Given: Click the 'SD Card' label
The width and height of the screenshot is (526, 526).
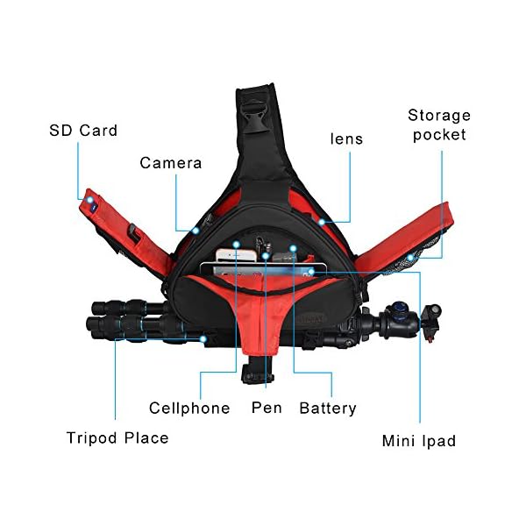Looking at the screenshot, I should click(83, 131).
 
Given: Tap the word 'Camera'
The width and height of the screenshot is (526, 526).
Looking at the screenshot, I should click(171, 163).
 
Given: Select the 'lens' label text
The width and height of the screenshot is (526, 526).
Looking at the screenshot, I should click(346, 139).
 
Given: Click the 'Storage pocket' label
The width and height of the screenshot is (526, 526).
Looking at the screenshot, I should click(439, 124).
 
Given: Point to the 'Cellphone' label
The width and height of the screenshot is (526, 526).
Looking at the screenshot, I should click(189, 408).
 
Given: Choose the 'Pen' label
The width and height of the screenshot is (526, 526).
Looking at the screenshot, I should click(267, 408).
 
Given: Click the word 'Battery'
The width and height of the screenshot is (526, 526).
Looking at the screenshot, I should click(328, 408).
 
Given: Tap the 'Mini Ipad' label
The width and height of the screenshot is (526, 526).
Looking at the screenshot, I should click(419, 441).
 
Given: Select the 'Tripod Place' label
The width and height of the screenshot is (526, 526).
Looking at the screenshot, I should click(117, 437).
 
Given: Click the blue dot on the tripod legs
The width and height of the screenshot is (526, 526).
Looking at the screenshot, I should click(203, 337).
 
